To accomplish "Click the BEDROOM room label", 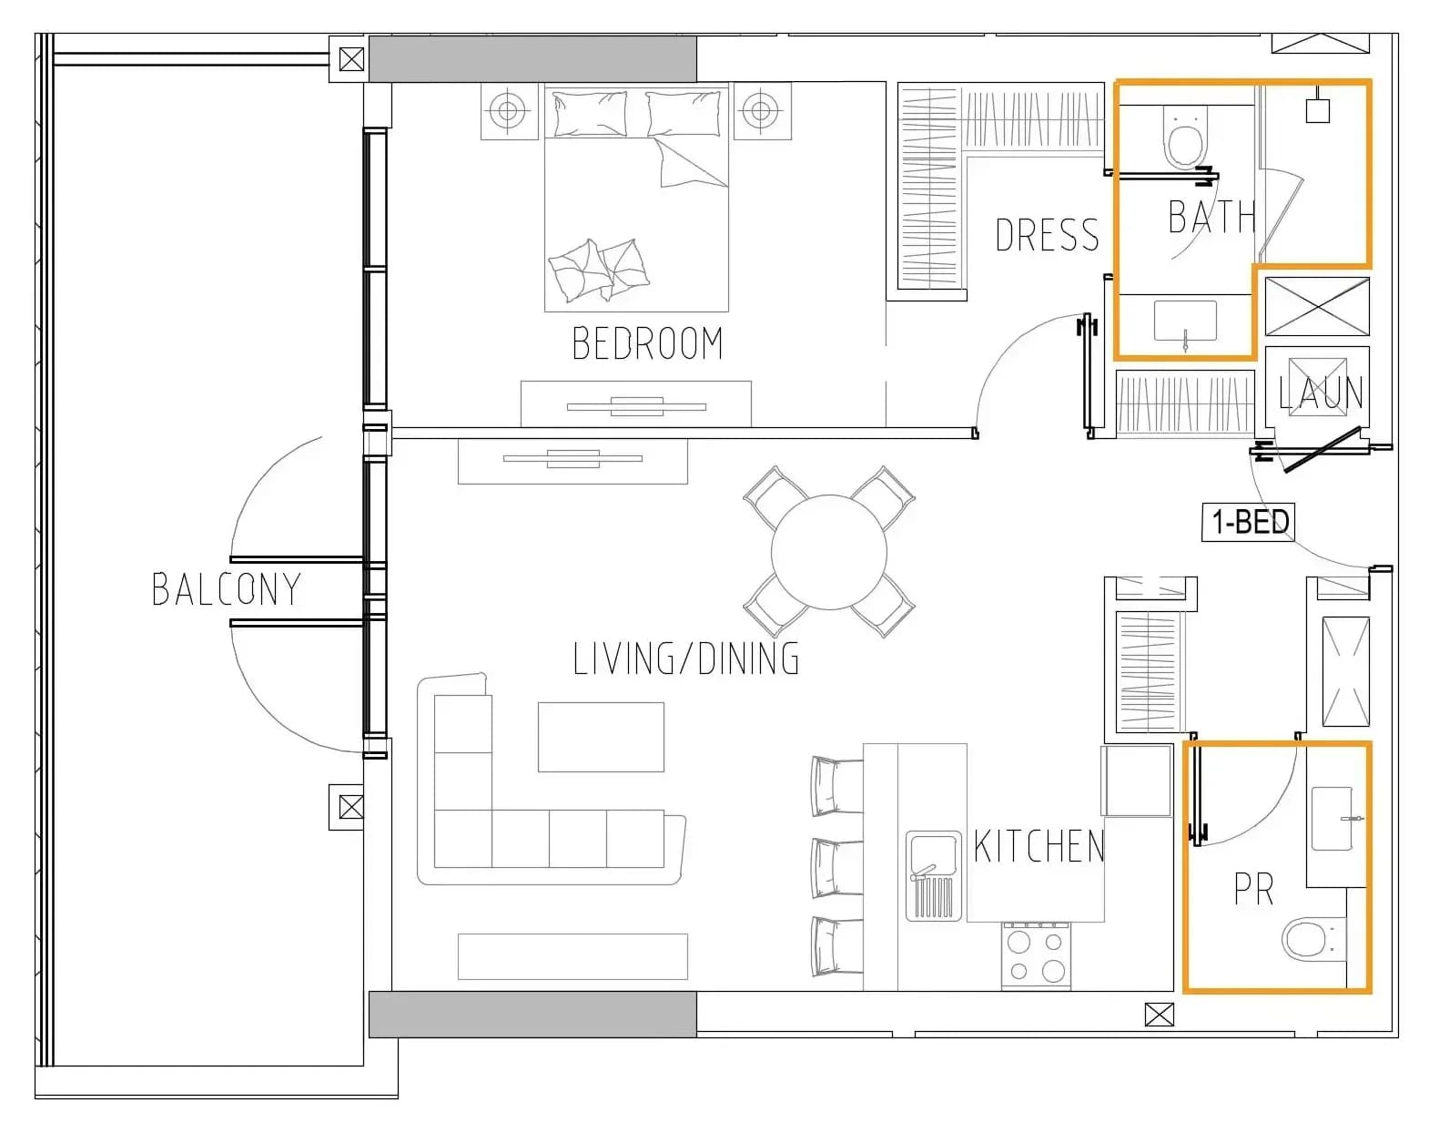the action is click(x=647, y=343).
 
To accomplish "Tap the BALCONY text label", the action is click(x=226, y=589).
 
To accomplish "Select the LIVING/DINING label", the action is click(x=686, y=658).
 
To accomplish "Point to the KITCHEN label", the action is click(x=1039, y=847).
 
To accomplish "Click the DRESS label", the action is click(x=1047, y=235).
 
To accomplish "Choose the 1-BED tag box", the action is click(x=1249, y=522).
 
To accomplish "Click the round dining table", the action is click(x=829, y=552).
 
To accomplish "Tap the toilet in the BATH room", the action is click(x=1186, y=138).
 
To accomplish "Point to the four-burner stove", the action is click(x=1036, y=956).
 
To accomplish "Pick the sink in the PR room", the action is click(x=1332, y=819).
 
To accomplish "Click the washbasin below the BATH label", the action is click(x=1185, y=322).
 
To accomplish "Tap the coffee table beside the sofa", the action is click(x=601, y=737).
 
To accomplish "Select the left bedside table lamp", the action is click(x=508, y=110).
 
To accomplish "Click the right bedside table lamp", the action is click(x=761, y=110).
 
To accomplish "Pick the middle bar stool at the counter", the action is click(x=836, y=867).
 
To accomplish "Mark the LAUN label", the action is click(x=1321, y=393).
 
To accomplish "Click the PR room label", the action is click(x=1253, y=889).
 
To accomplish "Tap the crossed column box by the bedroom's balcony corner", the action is click(x=351, y=59).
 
